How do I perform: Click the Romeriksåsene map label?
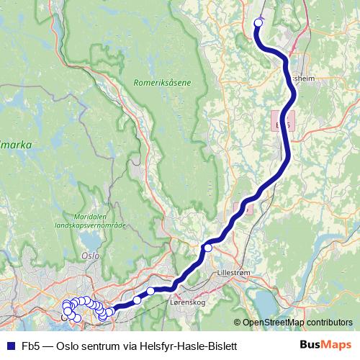coord(162,83)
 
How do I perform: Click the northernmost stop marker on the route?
coord(258,22)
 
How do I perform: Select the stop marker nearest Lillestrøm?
coord(207,248)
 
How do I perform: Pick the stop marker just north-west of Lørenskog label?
coord(150,291)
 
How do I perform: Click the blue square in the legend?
coord(10,346)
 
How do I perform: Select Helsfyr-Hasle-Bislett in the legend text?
coord(190,346)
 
